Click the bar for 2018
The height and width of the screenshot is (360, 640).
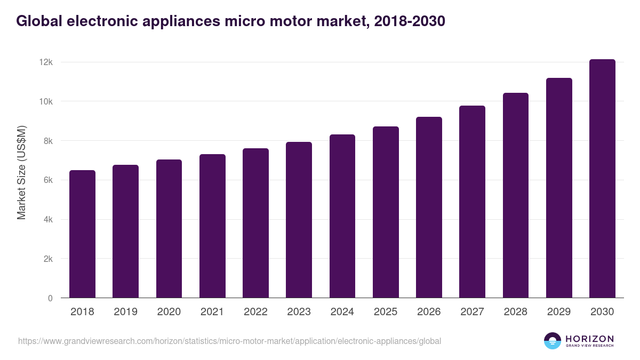coord(82,234)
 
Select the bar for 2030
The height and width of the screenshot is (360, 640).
coord(602,179)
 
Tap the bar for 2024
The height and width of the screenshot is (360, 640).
coord(342,216)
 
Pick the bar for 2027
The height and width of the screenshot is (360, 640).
coord(472,202)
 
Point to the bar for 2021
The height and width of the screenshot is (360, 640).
coord(212,226)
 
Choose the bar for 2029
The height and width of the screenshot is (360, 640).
coord(559,188)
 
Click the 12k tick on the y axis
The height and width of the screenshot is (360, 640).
coord(46,62)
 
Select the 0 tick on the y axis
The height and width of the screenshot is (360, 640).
coord(50,298)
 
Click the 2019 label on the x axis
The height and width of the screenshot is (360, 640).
coord(125,312)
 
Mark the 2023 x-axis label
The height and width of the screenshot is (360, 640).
coord(299,312)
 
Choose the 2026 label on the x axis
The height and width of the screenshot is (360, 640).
coord(429,312)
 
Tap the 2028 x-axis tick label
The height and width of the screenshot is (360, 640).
coord(516,312)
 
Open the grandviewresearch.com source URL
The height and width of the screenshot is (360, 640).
coord(229,341)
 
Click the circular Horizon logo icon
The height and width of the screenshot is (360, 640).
coord(553,341)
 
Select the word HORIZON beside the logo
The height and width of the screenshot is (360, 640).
coord(589,339)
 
